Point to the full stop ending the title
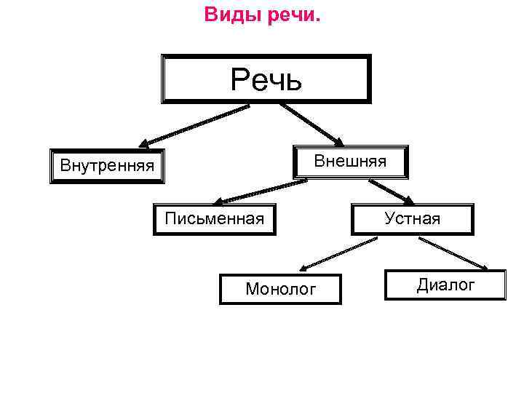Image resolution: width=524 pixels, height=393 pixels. coord(317,19)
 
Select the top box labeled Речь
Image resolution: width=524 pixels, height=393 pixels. coord(266,79)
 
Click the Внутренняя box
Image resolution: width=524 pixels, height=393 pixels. coord(107,166)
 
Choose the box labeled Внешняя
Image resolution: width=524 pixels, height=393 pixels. coord(350,161)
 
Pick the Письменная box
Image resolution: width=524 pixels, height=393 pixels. coord(215,218)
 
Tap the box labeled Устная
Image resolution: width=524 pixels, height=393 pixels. coord(413,218)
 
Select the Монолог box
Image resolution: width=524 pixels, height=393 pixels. coord(280,289)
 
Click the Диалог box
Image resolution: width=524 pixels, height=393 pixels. coord(445,285)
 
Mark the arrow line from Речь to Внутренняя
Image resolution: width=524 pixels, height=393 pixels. coord(196,124)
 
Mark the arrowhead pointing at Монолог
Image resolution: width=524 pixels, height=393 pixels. coord(303,268)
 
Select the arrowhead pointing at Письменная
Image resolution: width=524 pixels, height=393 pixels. coord(221,201)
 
